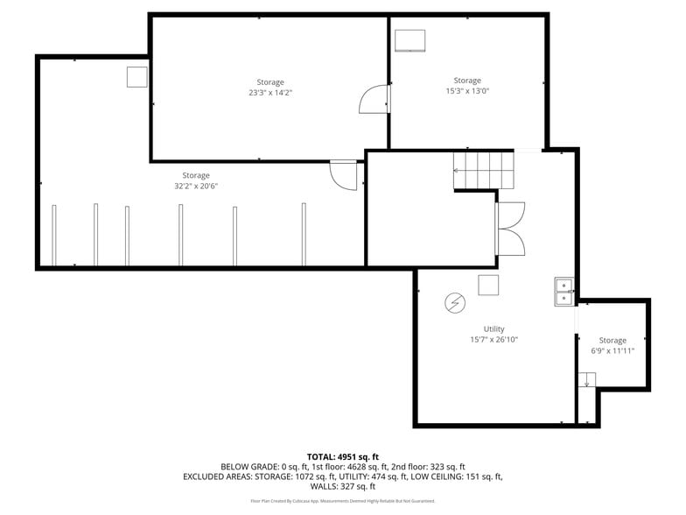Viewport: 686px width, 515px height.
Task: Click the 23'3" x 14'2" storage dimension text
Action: pos(270,92)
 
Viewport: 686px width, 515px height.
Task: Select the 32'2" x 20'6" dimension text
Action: pos(196,186)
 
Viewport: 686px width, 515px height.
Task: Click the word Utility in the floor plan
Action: pos(493,329)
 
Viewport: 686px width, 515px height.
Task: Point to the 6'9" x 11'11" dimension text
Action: pos(612,350)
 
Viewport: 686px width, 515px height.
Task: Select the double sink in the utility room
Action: pos(564,292)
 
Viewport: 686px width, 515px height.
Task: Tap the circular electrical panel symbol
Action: pos(455,303)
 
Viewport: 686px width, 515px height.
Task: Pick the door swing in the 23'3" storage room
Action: pos(374,99)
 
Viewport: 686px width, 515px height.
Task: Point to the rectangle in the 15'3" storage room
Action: pos(409,42)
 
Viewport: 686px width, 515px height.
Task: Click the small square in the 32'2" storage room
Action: pos(137,77)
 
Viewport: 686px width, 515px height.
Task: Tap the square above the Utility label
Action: pos(488,285)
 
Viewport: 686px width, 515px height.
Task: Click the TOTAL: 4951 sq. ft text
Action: pos(342,456)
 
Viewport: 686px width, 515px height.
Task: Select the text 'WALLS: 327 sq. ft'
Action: pos(342,486)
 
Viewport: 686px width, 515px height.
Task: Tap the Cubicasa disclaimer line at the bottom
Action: pos(342,501)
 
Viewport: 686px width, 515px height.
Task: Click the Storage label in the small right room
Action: pos(612,340)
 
